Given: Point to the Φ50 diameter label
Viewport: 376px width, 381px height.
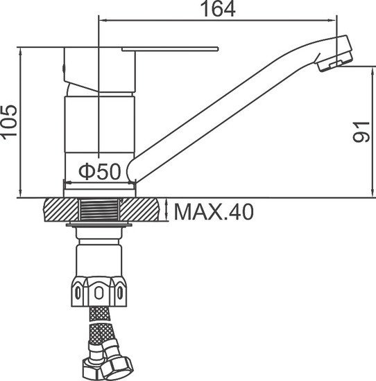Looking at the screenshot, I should click(99, 170).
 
